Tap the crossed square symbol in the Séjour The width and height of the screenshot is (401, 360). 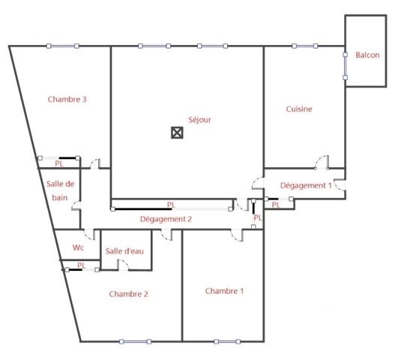(177, 133)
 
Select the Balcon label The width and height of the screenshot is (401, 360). (367, 55)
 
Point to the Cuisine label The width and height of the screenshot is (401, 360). (299, 109)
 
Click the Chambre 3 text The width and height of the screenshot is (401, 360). (67, 99)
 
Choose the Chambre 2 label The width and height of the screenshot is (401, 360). (128, 294)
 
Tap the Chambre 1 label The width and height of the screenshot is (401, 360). (224, 291)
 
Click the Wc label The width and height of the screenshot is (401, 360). (78, 247)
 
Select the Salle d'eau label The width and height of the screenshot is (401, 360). (124, 251)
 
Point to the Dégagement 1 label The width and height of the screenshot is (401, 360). (306, 185)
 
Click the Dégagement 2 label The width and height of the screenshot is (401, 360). (166, 219)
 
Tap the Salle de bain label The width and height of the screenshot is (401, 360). (60, 191)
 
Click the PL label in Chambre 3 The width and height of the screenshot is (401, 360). (58, 162)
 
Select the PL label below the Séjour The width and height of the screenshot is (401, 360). (171, 204)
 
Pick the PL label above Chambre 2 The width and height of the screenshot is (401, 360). (82, 265)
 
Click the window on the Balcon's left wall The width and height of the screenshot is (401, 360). (345, 65)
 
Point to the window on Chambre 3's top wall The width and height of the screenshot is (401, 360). (63, 46)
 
